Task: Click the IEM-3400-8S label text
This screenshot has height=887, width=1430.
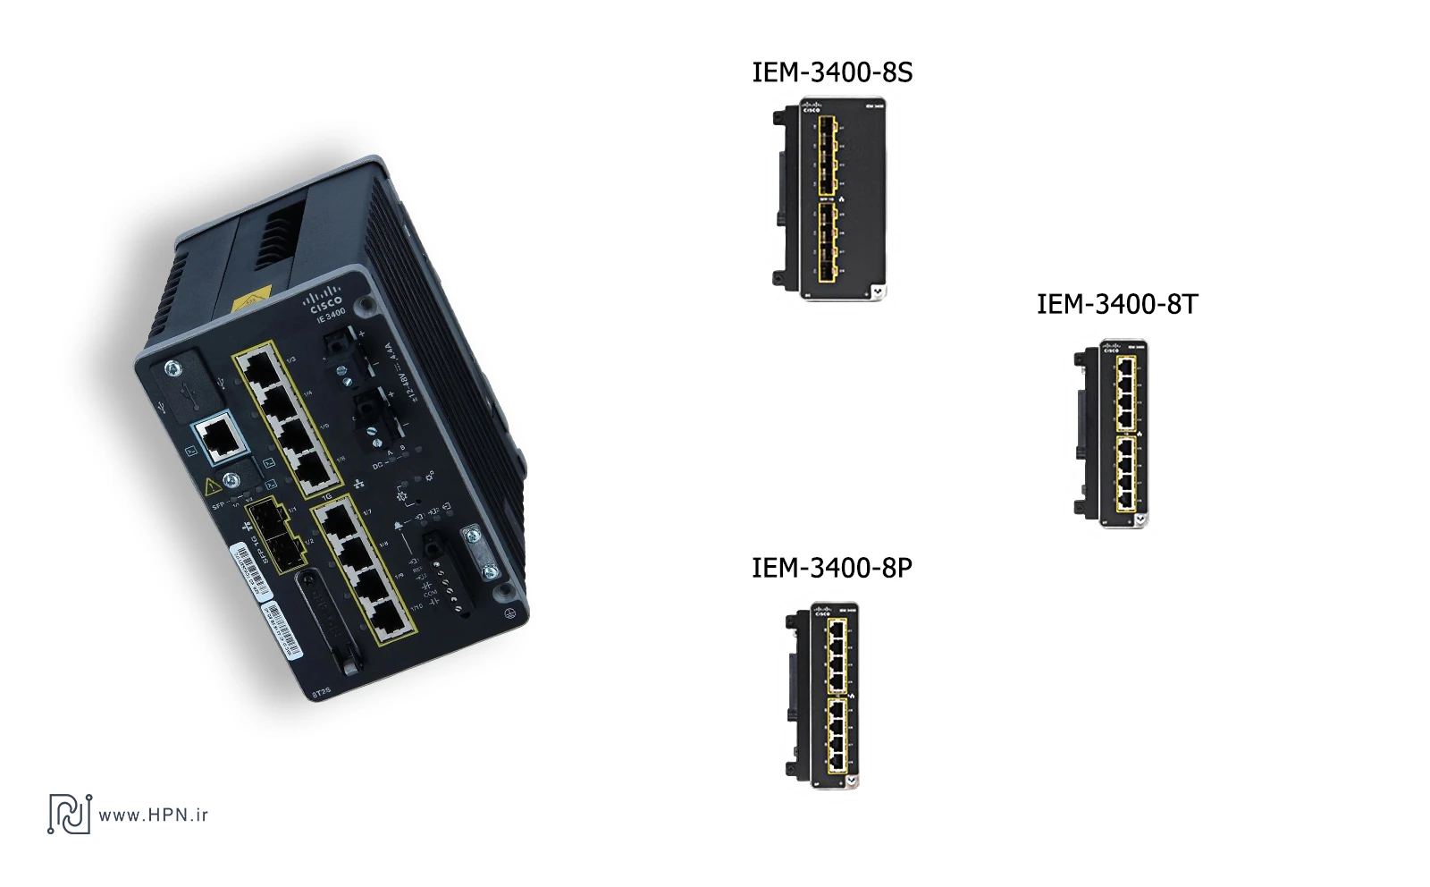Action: coord(832,72)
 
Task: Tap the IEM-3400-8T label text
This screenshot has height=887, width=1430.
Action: coord(1116,304)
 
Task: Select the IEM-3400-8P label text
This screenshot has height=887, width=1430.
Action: coord(831,568)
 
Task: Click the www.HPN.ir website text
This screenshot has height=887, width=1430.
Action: coord(153,815)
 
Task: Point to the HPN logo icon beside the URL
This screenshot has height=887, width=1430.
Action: coord(70,814)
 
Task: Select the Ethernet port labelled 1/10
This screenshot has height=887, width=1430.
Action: coord(391,616)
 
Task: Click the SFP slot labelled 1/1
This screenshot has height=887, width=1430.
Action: coord(265,518)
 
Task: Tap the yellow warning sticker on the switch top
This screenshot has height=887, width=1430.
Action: coord(251,299)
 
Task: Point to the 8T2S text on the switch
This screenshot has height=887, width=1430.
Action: coord(321,691)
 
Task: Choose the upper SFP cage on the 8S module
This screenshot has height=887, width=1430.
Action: coord(828,155)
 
